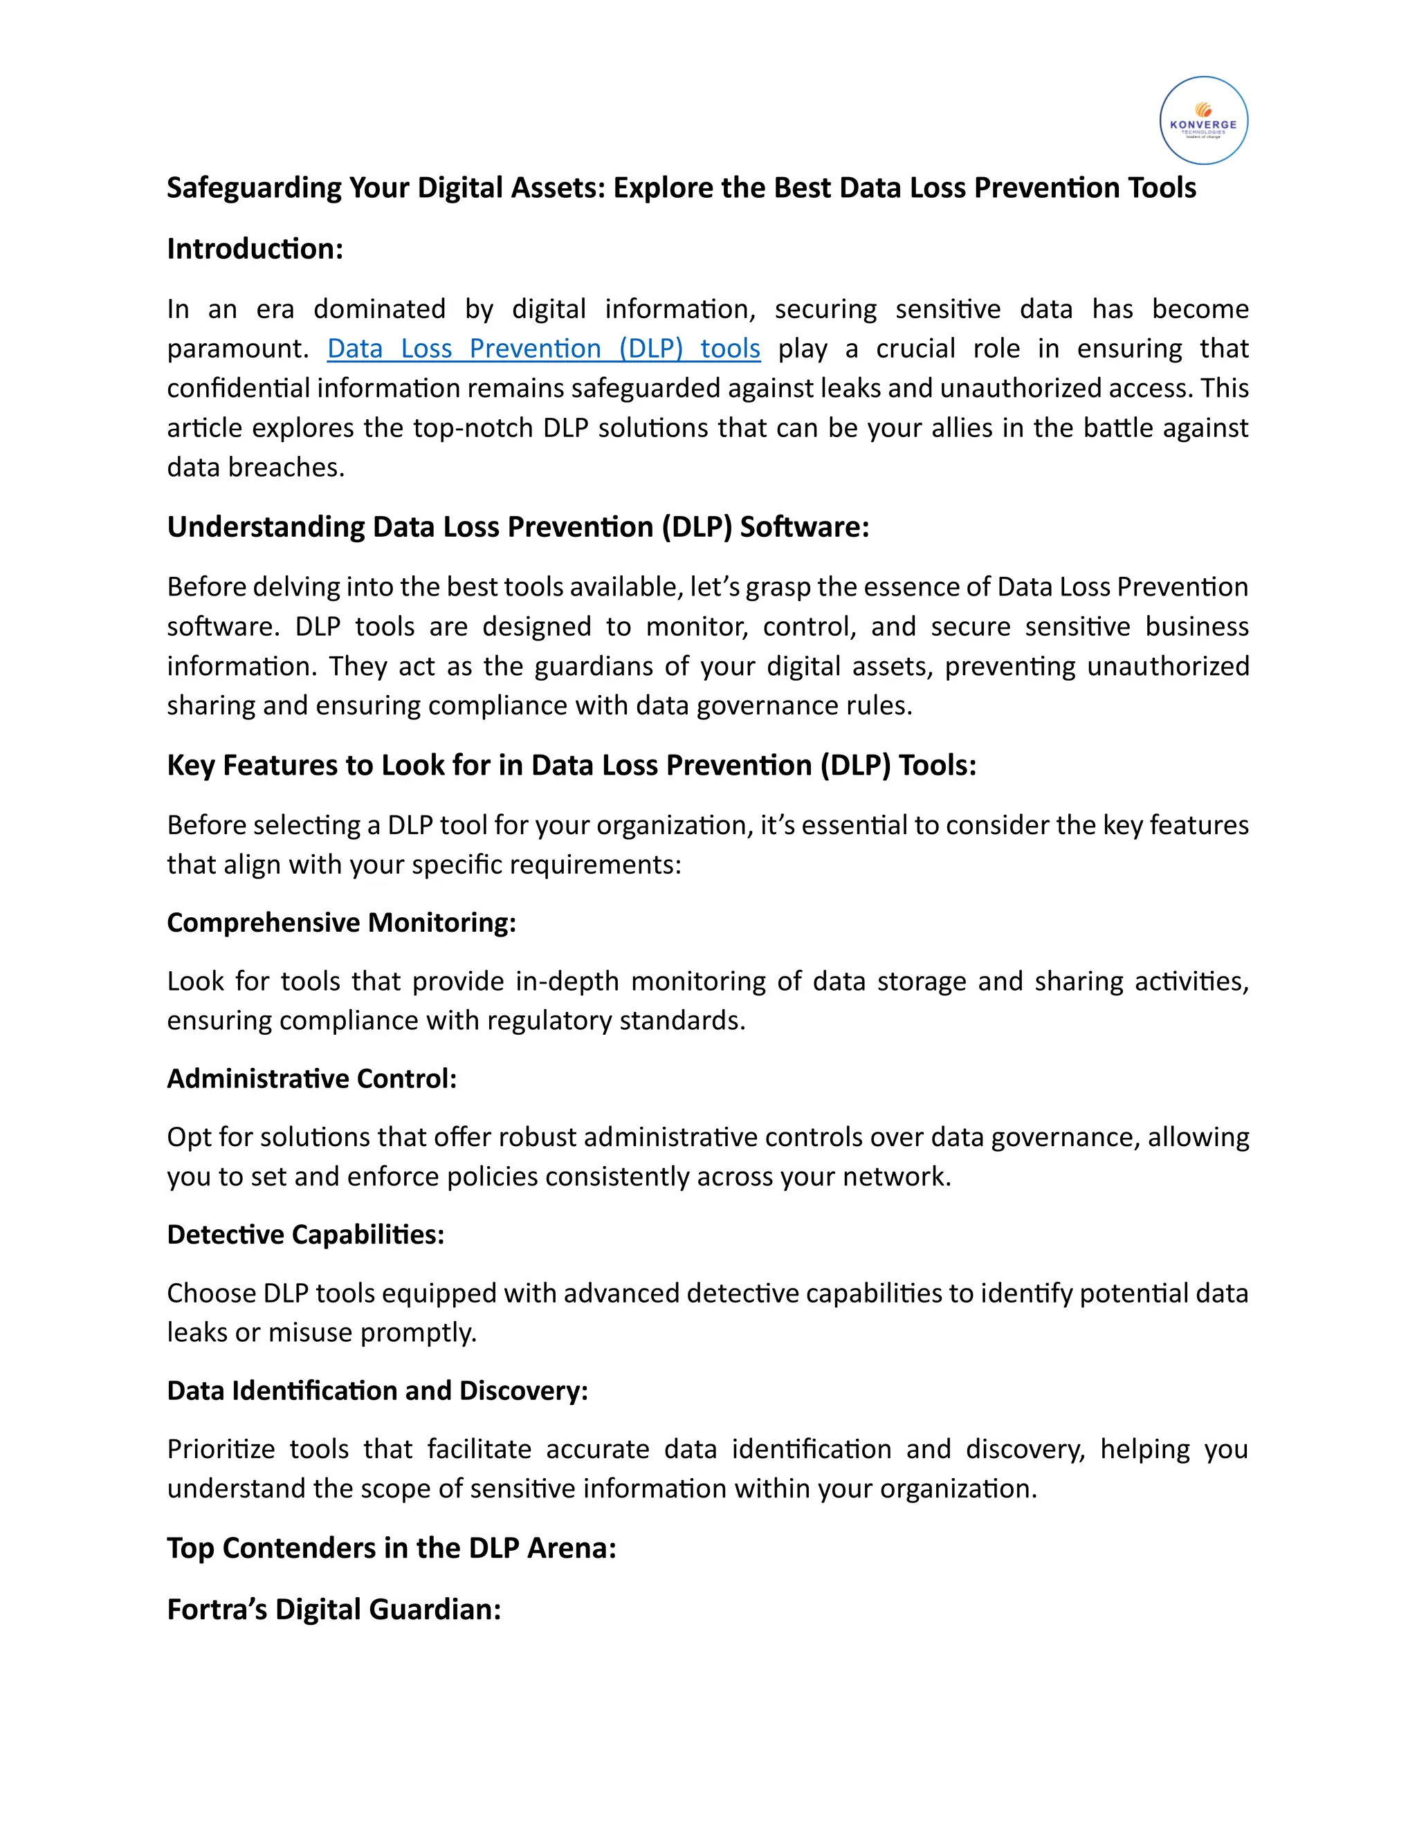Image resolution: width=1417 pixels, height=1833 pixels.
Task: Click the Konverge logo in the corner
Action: pyautogui.click(x=1203, y=120)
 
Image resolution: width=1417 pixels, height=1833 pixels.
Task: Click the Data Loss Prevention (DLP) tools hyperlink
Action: pyautogui.click(x=543, y=349)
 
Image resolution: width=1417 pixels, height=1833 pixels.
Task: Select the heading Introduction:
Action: pyautogui.click(x=255, y=248)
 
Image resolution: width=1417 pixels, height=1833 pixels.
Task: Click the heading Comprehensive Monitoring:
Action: pyautogui.click(x=341, y=922)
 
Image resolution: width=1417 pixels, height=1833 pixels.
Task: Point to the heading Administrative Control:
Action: pyautogui.click(x=311, y=1078)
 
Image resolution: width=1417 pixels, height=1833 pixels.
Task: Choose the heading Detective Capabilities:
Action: pyautogui.click(x=306, y=1235)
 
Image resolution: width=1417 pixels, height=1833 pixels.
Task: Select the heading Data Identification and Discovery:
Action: pyautogui.click(x=377, y=1391)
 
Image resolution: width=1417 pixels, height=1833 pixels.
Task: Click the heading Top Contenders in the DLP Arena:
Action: pyautogui.click(x=391, y=1547)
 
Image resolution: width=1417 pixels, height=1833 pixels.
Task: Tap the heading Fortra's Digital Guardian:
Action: pyautogui.click(x=333, y=1609)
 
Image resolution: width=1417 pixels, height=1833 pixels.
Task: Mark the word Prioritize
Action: pyautogui.click(x=219, y=1449)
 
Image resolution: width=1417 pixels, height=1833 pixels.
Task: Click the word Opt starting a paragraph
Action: pyautogui.click(x=189, y=1138)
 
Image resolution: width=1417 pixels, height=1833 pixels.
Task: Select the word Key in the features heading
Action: pyautogui.click(x=190, y=766)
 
